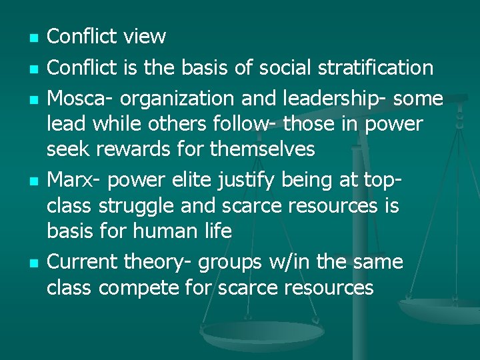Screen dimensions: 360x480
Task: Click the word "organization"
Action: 179,99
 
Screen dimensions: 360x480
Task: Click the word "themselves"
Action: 262,149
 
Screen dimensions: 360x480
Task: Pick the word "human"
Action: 163,231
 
